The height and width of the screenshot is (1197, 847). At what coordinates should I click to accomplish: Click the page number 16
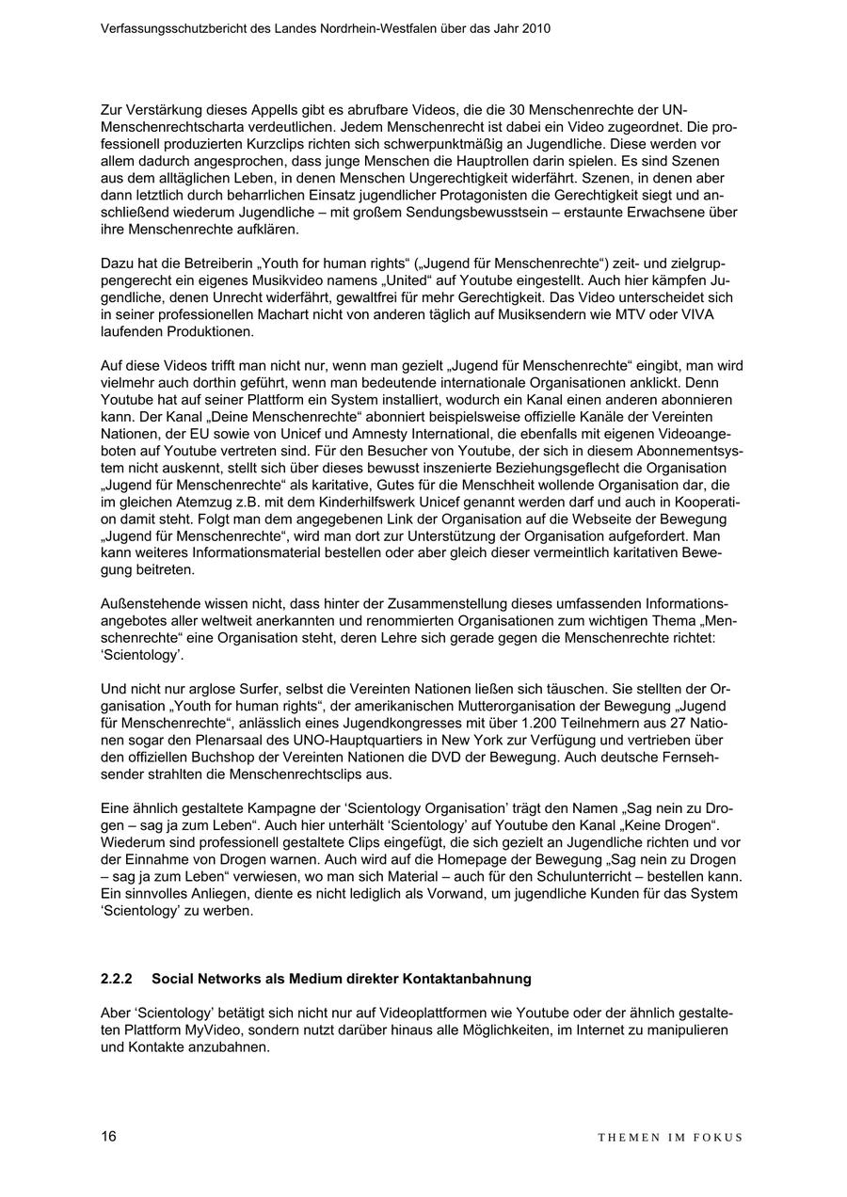pyautogui.click(x=108, y=1136)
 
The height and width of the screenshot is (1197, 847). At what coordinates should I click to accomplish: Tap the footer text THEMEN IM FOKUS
pyautogui.click(x=670, y=1137)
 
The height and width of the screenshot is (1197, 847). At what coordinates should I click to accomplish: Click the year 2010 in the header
pyautogui.click(x=535, y=29)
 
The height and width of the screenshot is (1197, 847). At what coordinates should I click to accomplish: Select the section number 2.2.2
pyautogui.click(x=117, y=979)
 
